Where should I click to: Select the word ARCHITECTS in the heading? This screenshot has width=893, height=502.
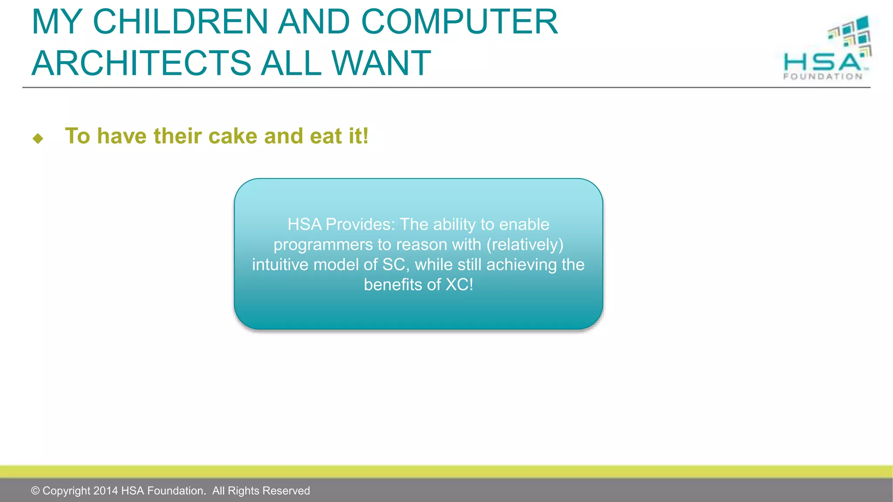pos(141,63)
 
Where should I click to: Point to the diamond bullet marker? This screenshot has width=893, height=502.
pos(38,139)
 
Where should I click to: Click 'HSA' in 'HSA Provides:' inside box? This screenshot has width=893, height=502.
pos(304,224)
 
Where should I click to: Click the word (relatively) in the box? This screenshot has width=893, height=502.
pos(525,244)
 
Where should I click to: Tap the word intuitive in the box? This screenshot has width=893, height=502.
pos(280,265)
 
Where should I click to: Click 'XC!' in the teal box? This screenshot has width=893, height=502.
pos(459,285)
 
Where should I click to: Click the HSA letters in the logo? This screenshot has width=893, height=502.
pos(821,62)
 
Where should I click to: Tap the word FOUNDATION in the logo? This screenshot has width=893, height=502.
pos(823,77)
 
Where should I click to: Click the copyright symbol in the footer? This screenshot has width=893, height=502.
pos(35,491)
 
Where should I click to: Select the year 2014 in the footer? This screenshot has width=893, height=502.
pos(106,491)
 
